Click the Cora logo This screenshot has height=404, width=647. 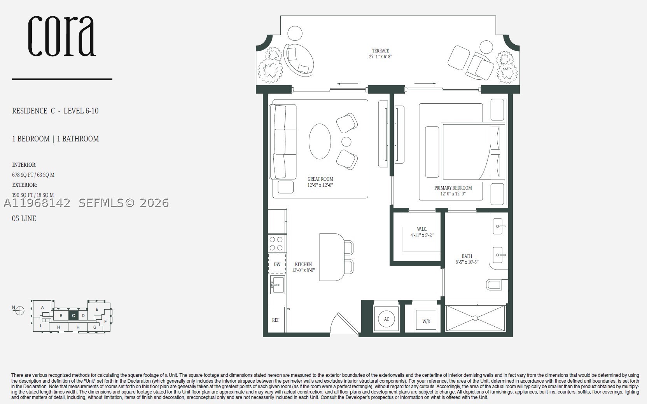tap(61, 36)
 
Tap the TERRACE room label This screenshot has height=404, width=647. tap(380, 50)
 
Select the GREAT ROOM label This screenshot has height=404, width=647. tap(320, 179)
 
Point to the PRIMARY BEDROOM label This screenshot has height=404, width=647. tap(453, 188)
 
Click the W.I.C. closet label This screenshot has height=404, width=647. tap(422, 229)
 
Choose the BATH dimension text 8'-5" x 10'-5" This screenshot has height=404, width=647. tap(467, 262)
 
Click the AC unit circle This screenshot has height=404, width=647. tap(386, 319)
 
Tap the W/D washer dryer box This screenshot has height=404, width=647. tap(426, 320)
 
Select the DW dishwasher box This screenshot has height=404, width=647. tap(277, 264)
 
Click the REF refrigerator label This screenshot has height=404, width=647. tap(276, 320)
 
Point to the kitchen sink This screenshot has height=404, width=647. tap(277, 285)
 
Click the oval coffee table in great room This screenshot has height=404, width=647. tap(320, 141)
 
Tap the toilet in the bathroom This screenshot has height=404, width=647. tap(497, 285)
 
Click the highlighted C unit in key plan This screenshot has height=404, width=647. tap(73, 315)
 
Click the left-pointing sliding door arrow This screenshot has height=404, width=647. tap(348, 84)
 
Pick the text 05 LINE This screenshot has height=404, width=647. tap(24, 218)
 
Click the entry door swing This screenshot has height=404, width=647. tap(345, 323)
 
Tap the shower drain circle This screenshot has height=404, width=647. tap(476, 318)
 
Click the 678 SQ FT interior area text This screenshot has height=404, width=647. tap(33, 175)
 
